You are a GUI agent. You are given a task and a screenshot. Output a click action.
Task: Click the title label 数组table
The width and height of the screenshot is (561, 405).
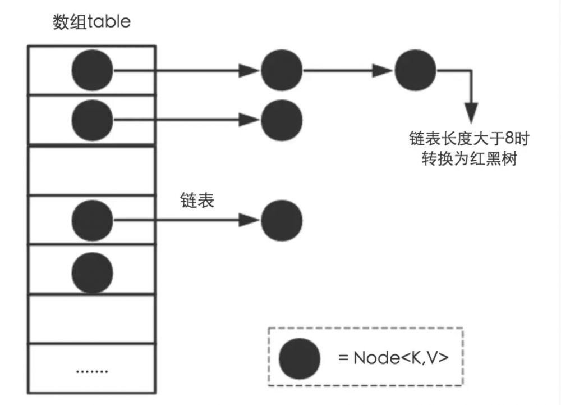(91, 22)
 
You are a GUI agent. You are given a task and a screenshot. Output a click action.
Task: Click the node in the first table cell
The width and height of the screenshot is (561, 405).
(92, 71)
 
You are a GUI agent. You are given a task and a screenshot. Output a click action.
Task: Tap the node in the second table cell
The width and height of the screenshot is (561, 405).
(92, 119)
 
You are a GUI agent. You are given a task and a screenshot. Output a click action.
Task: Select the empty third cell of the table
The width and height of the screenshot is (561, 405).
(91, 170)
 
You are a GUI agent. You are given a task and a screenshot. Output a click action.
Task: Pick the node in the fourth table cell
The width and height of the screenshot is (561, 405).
(92, 220)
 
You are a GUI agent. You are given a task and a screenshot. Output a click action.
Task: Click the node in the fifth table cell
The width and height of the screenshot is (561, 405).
(92, 272)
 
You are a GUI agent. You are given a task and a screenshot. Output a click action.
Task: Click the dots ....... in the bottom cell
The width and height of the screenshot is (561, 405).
(91, 371)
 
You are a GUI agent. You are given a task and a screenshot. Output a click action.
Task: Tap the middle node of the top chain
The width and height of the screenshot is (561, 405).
(282, 71)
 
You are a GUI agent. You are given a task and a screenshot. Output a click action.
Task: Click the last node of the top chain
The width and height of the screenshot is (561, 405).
(415, 71)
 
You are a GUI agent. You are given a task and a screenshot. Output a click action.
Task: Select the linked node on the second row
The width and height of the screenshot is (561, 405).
(282, 119)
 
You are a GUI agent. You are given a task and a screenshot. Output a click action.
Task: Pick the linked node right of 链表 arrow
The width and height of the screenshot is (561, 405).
(282, 220)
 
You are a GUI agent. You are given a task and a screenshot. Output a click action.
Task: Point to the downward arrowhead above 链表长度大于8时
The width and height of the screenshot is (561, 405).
(472, 110)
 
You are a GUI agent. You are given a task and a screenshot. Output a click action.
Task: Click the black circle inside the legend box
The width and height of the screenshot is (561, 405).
(299, 358)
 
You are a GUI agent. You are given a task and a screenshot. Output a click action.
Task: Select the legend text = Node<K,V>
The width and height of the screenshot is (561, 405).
(393, 358)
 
